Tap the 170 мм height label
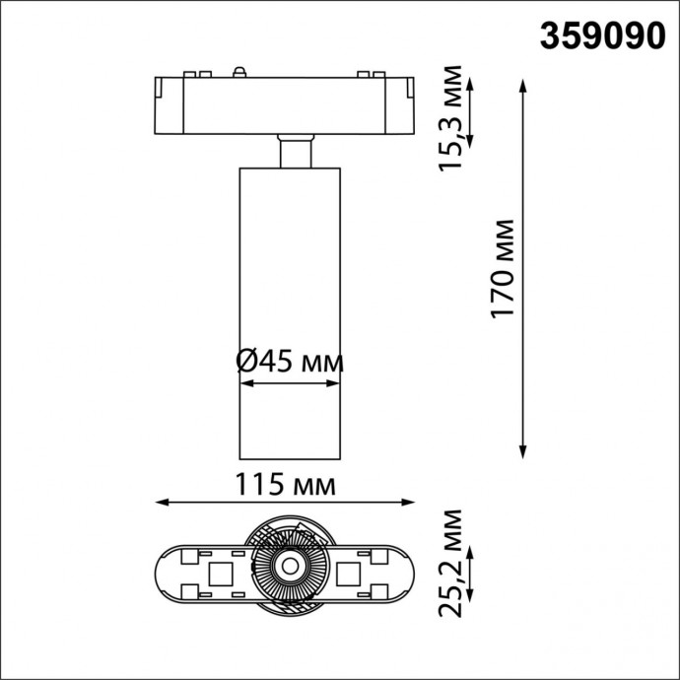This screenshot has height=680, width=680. [x=504, y=269]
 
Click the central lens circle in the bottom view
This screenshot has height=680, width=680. [x=290, y=566]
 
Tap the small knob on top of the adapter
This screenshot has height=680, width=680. [x=238, y=71]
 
